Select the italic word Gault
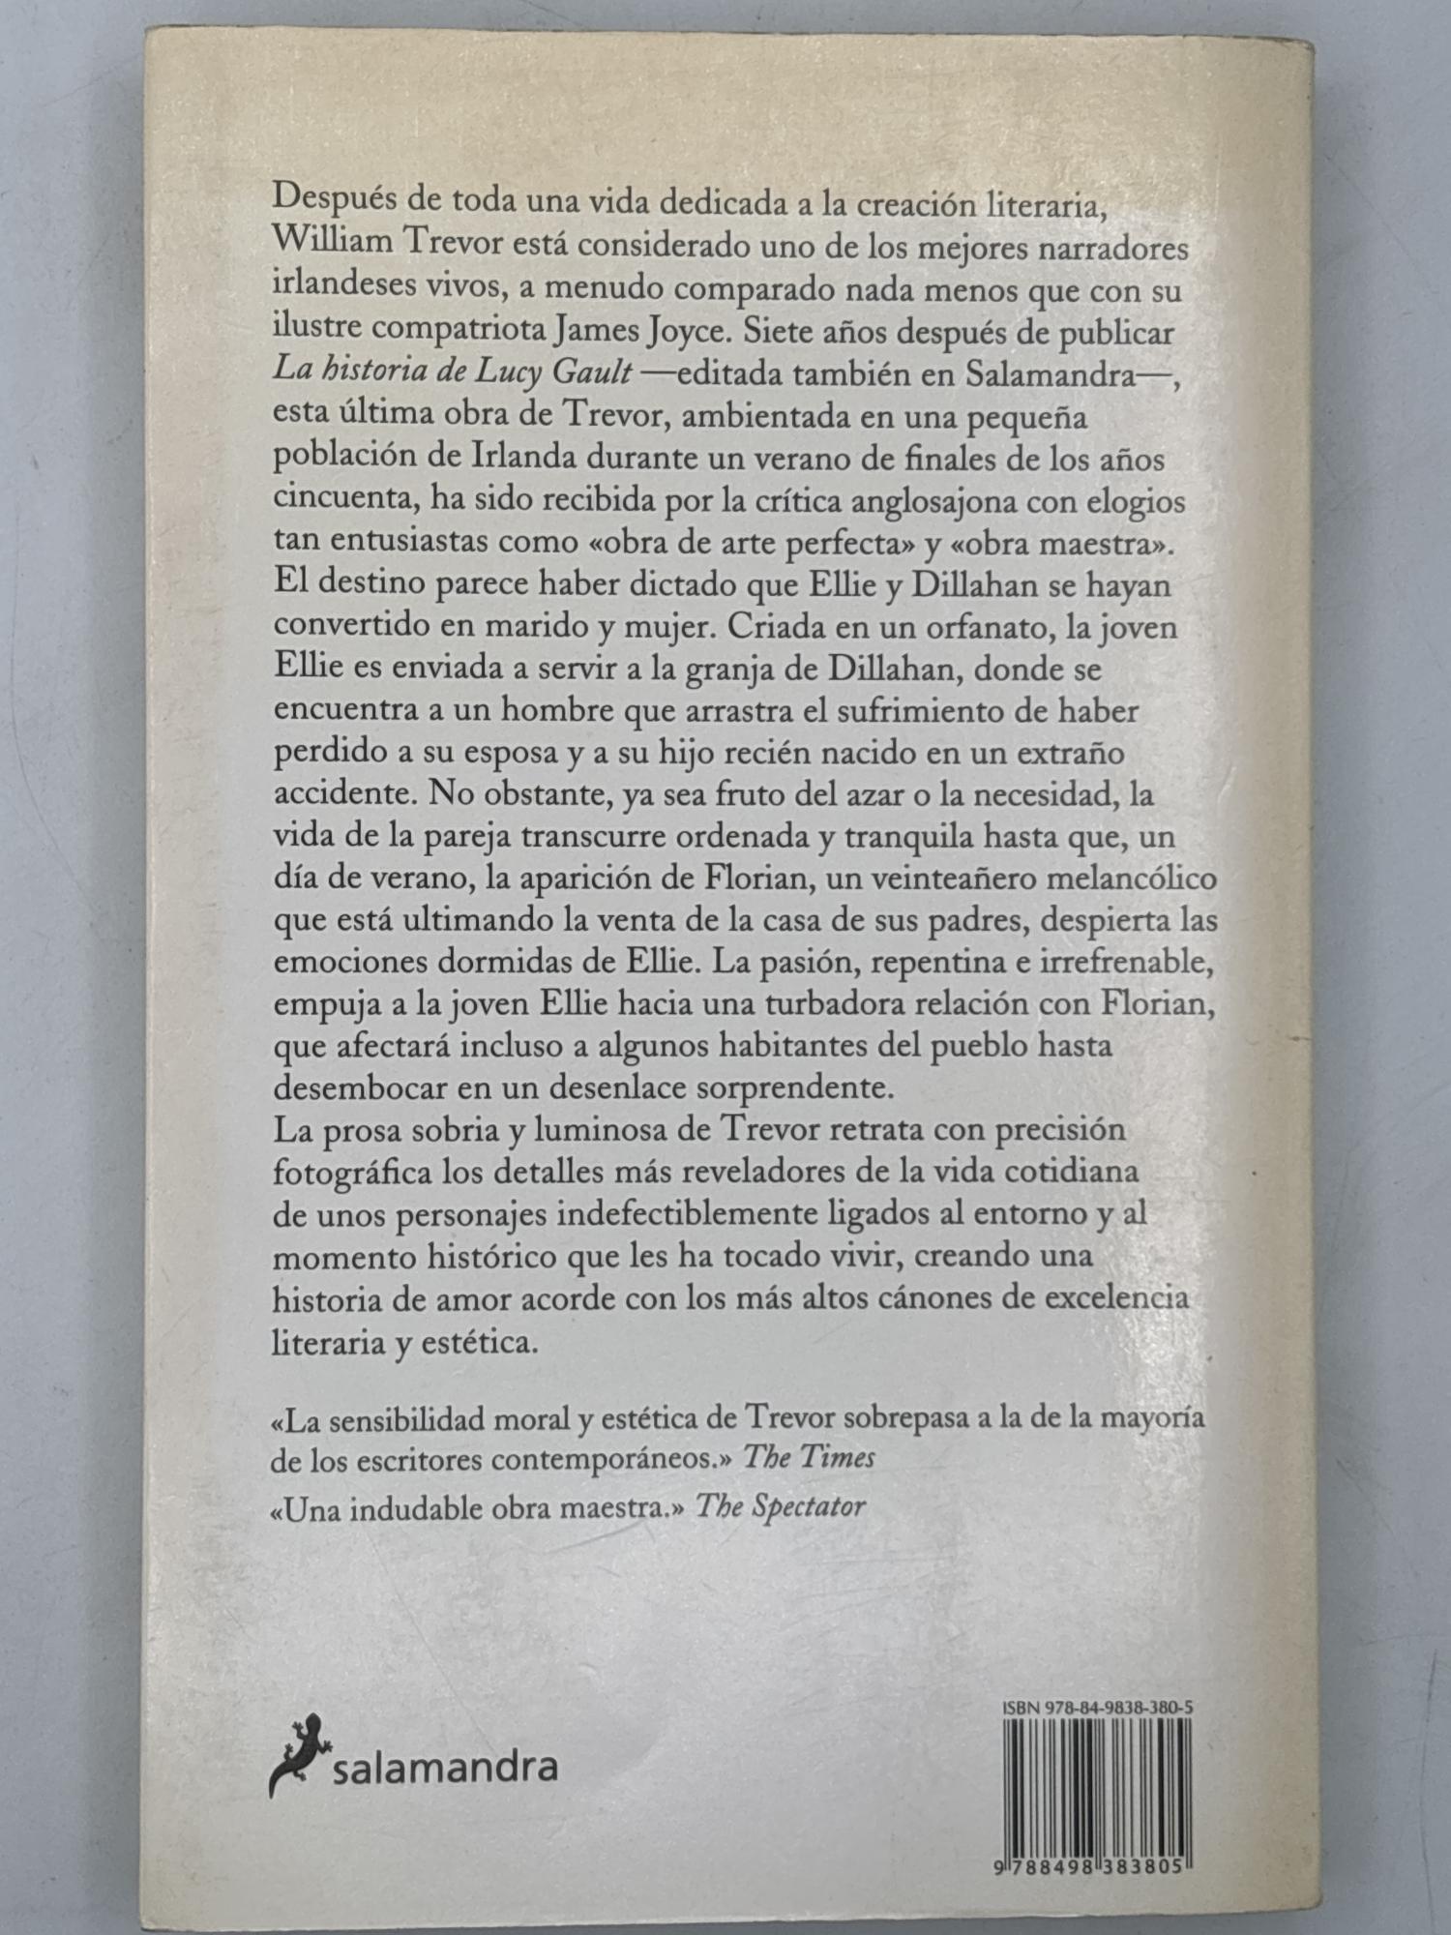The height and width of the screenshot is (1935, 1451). click(584, 374)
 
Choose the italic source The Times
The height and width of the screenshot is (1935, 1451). click(809, 1458)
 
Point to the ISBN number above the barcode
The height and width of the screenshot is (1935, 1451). click(1096, 1709)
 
